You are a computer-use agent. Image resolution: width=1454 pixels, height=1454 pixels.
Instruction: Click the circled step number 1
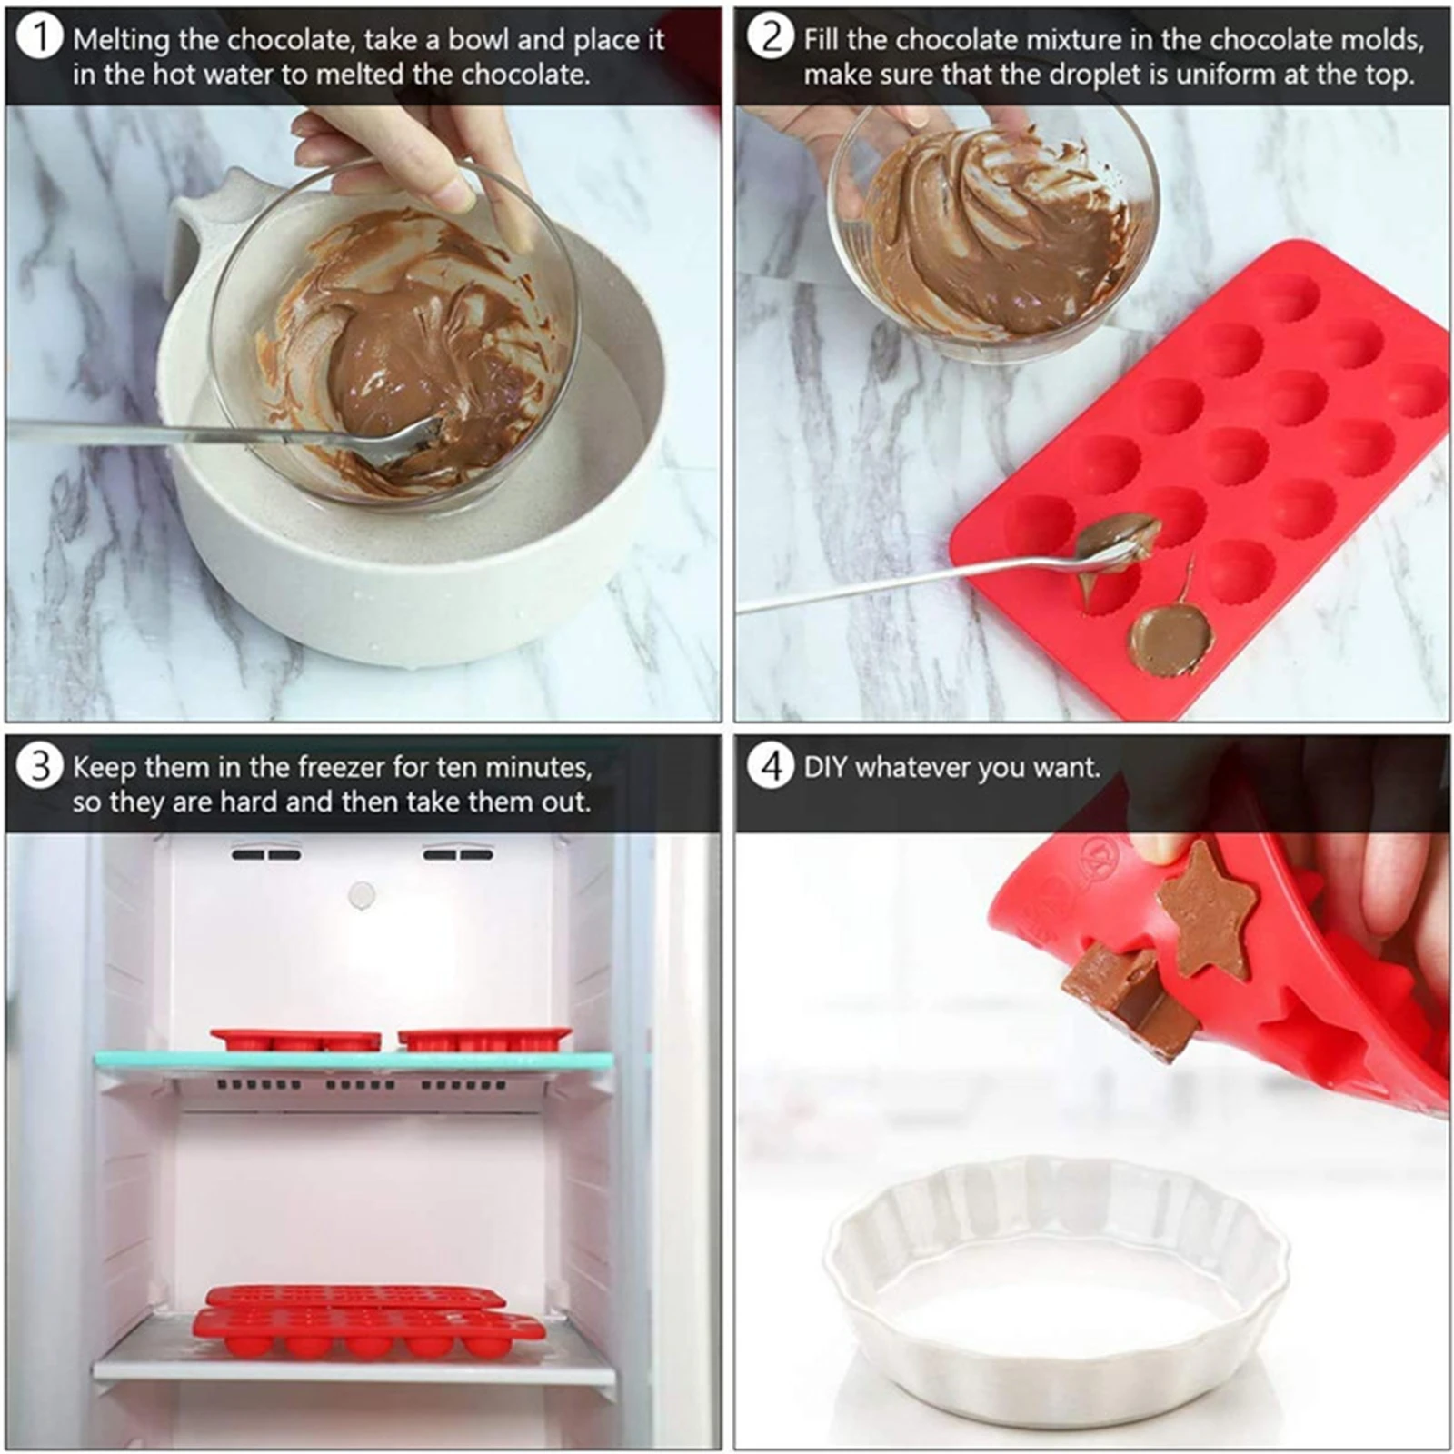click(39, 39)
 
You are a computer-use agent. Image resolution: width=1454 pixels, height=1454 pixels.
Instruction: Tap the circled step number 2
click(770, 38)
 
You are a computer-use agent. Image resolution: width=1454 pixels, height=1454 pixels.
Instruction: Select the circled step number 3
click(39, 766)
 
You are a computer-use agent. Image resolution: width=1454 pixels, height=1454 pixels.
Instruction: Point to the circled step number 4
click(771, 766)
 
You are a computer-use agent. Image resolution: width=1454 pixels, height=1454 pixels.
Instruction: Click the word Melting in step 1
click(121, 40)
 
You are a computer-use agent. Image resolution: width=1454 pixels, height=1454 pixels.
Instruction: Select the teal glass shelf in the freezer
click(354, 1060)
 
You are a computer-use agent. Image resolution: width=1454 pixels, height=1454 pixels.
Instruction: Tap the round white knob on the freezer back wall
click(362, 895)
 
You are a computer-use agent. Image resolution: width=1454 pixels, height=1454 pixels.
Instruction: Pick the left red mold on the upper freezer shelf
click(295, 1040)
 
